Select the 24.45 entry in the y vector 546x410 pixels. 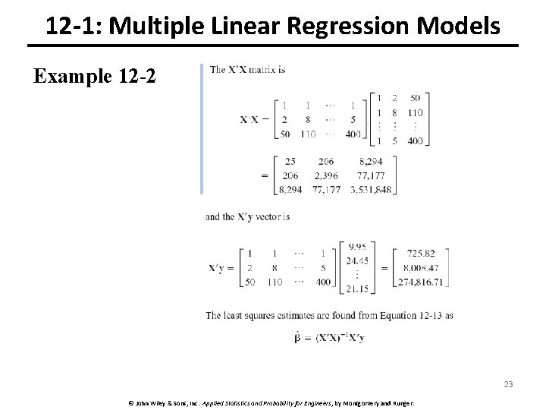click(357, 259)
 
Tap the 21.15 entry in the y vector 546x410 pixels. click(357, 289)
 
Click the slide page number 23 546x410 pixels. click(508, 384)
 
